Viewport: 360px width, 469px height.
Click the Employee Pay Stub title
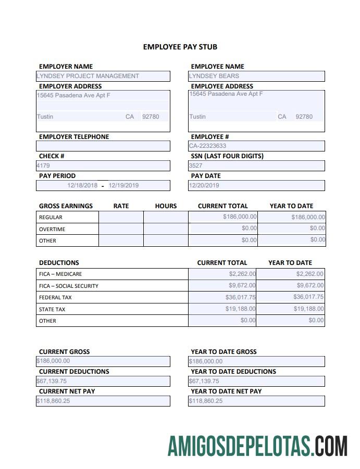point(180,47)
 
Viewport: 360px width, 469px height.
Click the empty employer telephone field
point(103,146)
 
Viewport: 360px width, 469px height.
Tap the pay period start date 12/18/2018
point(82,185)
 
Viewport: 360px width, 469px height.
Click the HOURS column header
point(166,206)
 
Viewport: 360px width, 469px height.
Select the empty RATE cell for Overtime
point(121,229)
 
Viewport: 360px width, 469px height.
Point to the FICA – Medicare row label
point(60,274)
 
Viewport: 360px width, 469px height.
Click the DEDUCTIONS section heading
point(59,263)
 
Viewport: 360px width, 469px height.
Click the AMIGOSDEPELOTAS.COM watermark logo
point(257,446)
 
